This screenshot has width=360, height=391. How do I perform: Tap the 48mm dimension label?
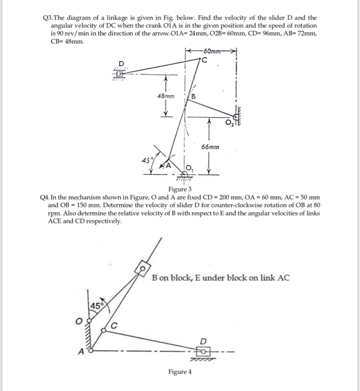[x=165, y=96]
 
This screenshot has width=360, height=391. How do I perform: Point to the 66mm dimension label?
[x=210, y=147]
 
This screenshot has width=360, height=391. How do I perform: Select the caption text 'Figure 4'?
[x=179, y=371]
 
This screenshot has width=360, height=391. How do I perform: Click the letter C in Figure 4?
[x=114, y=326]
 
